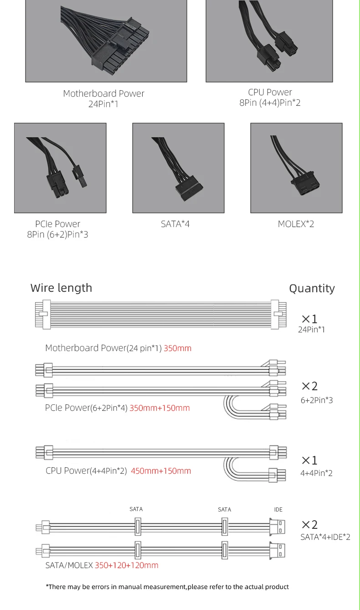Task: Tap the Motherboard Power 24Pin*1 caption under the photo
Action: coord(104,98)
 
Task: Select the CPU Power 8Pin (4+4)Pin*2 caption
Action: coord(270,98)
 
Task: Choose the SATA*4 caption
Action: coord(175,224)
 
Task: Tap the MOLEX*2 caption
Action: coord(296,224)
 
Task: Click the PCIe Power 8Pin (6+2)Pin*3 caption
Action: coord(58,229)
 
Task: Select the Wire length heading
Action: coord(61,288)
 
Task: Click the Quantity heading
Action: coord(312,289)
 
